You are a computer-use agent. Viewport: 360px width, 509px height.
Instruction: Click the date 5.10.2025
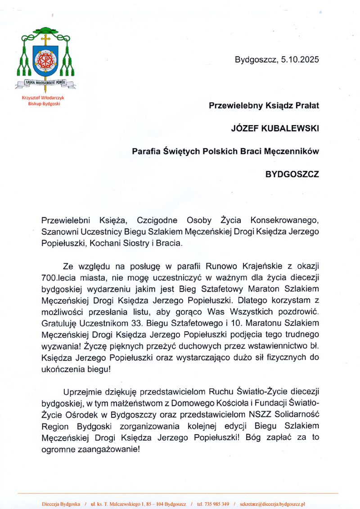pyautogui.click(x=300, y=59)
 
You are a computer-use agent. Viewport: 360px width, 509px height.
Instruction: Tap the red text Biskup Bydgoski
pyautogui.click(x=44, y=104)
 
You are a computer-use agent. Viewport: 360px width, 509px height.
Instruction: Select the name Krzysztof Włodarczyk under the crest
pyautogui.click(x=44, y=98)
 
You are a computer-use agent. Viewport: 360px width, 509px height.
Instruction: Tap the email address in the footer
pyautogui.click(x=273, y=504)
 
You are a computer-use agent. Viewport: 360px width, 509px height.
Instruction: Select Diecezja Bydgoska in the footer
pyautogui.click(x=61, y=504)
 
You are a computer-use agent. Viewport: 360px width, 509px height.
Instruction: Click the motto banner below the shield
pyautogui.click(x=45, y=83)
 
